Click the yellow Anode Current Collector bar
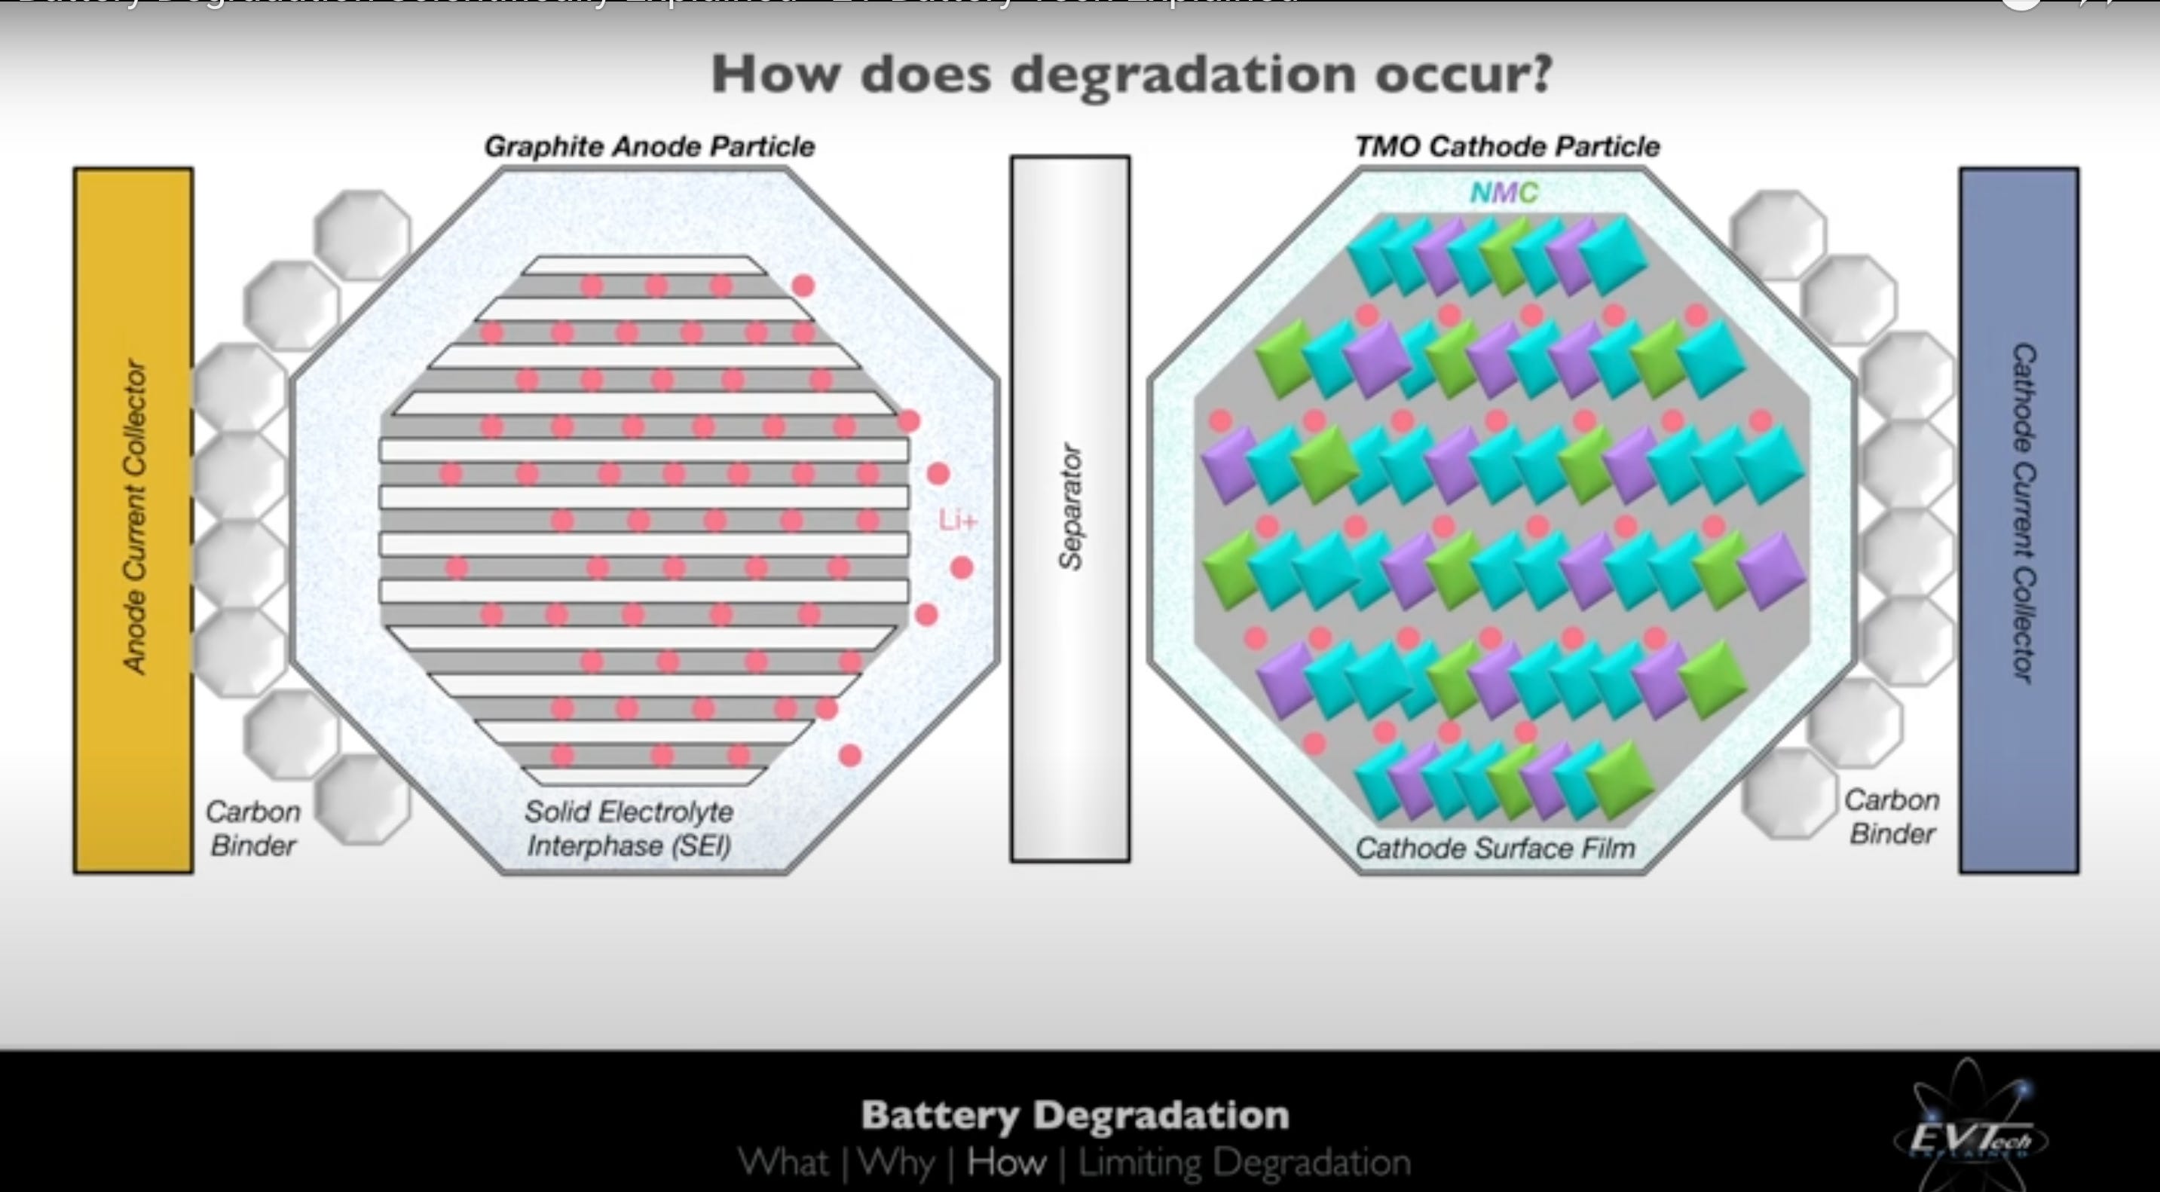pyautogui.click(x=133, y=520)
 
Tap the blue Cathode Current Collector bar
pyautogui.click(x=2018, y=520)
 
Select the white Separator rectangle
pyautogui.click(x=1070, y=508)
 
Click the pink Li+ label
pyautogui.click(x=958, y=521)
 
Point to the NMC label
pyautogui.click(x=1504, y=193)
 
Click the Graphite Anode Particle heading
pyautogui.click(x=649, y=147)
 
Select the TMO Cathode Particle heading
pyautogui.click(x=1507, y=147)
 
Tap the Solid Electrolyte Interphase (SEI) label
pyautogui.click(x=629, y=828)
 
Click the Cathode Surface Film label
pyautogui.click(x=1495, y=848)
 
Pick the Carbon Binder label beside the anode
pyautogui.click(x=252, y=828)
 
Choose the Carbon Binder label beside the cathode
pyautogui.click(x=1892, y=817)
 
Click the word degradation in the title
pyautogui.click(x=1182, y=75)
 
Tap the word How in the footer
pyautogui.click(x=1006, y=1163)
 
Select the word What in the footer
pyautogui.click(x=784, y=1163)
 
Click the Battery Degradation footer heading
pyautogui.click(x=1074, y=1115)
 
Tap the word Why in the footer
pyautogui.click(x=895, y=1163)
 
